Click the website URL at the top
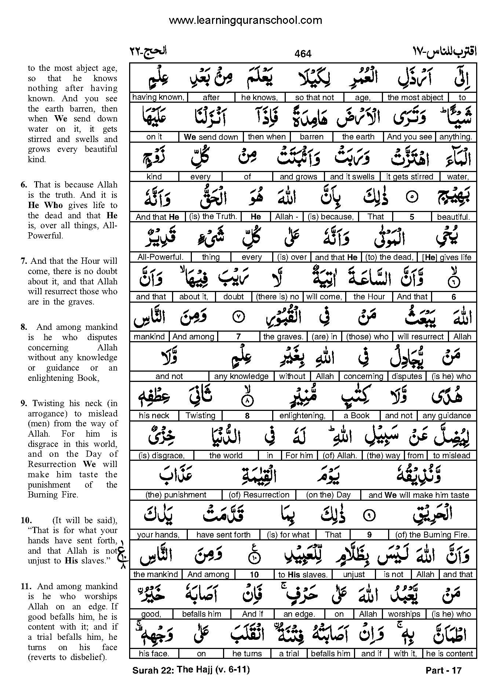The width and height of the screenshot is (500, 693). pyautogui.click(x=245, y=20)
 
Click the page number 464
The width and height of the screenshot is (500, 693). pyautogui.click(x=303, y=54)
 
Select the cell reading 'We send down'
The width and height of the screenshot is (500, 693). pyautogui.click(x=211, y=137)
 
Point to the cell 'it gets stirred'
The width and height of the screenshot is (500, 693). pyautogui.click(x=409, y=177)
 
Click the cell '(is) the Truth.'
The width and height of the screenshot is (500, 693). pyautogui.click(x=213, y=217)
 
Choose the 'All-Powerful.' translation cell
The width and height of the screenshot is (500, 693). pyautogui.click(x=160, y=257)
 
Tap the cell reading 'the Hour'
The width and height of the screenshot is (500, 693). pyautogui.click(x=369, y=297)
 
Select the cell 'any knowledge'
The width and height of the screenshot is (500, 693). pyautogui.click(x=241, y=376)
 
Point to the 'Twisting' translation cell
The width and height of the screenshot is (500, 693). pyautogui.click(x=200, y=416)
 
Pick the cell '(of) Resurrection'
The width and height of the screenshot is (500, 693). pyautogui.click(x=259, y=495)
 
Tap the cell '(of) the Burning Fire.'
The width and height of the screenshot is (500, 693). pyautogui.click(x=433, y=535)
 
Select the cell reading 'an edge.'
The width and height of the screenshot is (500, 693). pyautogui.click(x=299, y=614)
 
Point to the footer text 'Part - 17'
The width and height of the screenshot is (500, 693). pyautogui.click(x=443, y=671)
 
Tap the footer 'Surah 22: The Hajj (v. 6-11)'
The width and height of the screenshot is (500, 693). pyautogui.click(x=191, y=670)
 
